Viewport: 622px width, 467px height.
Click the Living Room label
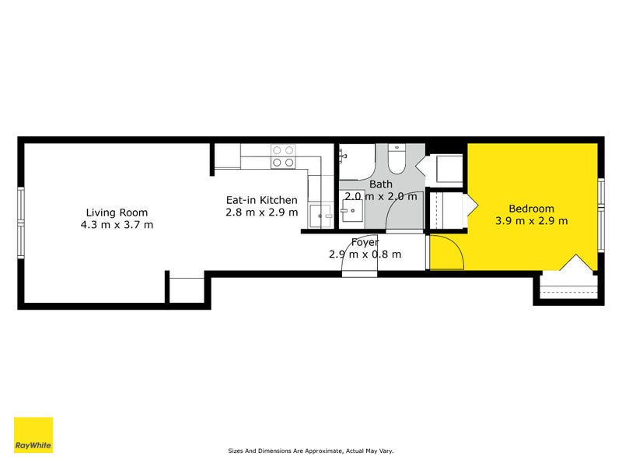pos(117,212)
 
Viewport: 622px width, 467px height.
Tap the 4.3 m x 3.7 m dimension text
pos(117,225)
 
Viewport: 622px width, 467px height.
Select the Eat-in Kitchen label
pos(261,200)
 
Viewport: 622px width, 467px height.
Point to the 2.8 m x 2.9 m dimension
pos(261,212)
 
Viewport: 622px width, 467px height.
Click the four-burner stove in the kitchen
pos(282,156)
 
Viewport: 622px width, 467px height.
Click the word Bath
pos(381,184)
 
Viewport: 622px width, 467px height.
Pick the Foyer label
pos(365,242)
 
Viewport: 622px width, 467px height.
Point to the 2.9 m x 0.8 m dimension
pos(365,255)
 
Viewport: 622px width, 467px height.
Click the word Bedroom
pos(531,209)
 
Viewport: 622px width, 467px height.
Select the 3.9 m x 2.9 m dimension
pos(531,220)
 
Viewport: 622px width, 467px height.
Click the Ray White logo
pos(33,435)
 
